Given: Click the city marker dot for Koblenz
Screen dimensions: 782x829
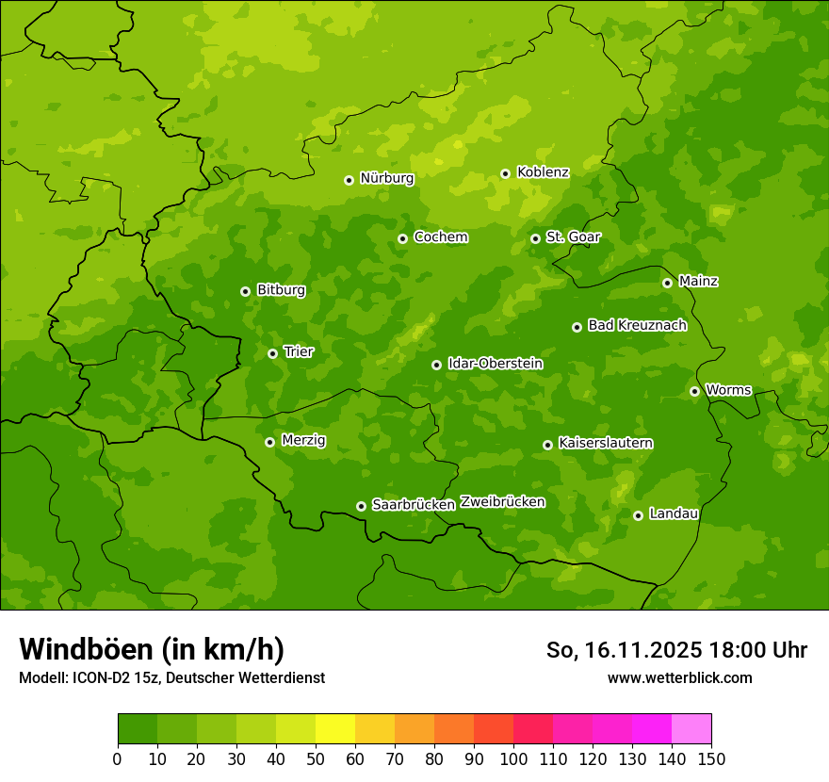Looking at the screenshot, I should pos(505,173).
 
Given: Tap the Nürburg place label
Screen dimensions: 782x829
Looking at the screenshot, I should pos(386,178).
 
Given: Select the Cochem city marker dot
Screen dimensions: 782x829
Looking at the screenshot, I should pos(402,238).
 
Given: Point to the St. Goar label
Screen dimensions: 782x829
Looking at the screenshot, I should pos(573,237).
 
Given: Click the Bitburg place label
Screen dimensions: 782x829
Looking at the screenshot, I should pos(281,290).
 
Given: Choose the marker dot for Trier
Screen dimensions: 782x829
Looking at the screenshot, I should pos(272,353).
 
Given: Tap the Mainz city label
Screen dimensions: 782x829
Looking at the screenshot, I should pos(698,282).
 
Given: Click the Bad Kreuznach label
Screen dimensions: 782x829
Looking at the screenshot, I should pos(637,326).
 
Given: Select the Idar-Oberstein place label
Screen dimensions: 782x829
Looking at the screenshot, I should pos(495,364).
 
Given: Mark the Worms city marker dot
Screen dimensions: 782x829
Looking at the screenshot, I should pos(694,391).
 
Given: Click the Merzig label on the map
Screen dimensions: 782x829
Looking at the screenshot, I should pos(303,441).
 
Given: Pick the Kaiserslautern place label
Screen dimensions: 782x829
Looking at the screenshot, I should pos(606,444).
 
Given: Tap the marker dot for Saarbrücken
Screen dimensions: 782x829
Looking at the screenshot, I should pos(361,506).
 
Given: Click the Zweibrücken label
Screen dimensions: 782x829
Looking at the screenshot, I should pos(502,502).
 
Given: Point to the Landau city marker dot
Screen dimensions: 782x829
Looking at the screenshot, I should pos(638,515).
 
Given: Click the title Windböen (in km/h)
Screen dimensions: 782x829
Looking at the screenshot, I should pos(152,649).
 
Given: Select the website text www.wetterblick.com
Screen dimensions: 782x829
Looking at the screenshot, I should pos(679,677).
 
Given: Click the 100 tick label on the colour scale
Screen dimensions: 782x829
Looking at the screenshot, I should pos(513,758).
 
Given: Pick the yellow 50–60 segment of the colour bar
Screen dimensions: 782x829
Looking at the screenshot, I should pos(335,729).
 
